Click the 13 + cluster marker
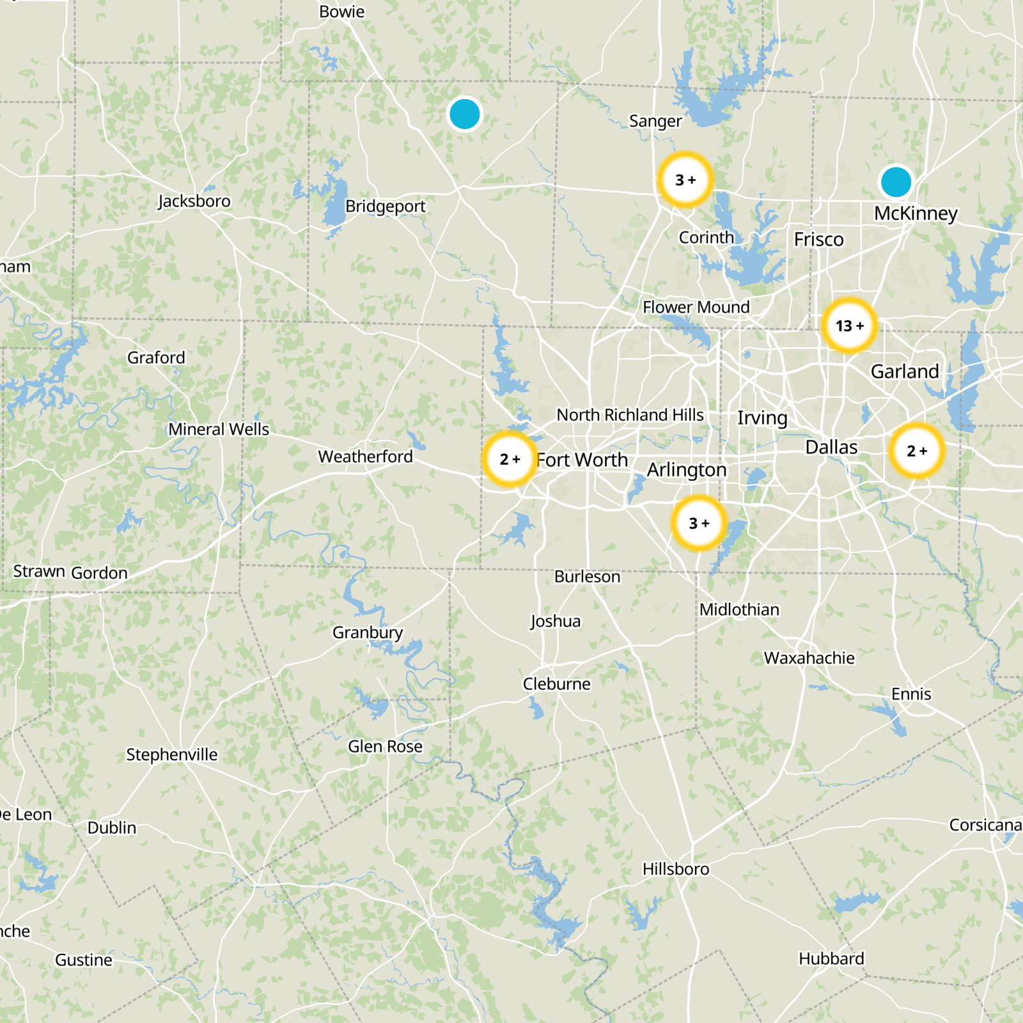coord(849,326)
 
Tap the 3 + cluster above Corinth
coord(685,180)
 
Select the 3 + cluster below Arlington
coord(699,524)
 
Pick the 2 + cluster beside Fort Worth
coord(510,460)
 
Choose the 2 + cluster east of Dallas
coord(917,451)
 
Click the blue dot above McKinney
coord(896,182)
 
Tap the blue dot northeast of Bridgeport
coord(465,114)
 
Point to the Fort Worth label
coord(582,460)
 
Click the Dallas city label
coord(831,447)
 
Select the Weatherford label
coord(366,457)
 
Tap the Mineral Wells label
coord(219,429)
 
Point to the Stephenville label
coord(172,754)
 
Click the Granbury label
coord(368,632)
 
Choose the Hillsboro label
coord(676,869)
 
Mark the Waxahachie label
coord(809,658)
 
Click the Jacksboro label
coord(194,201)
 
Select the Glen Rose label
coord(385,746)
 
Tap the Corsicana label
coord(985,825)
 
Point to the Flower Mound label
coord(696,307)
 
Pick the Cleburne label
coord(556,684)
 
